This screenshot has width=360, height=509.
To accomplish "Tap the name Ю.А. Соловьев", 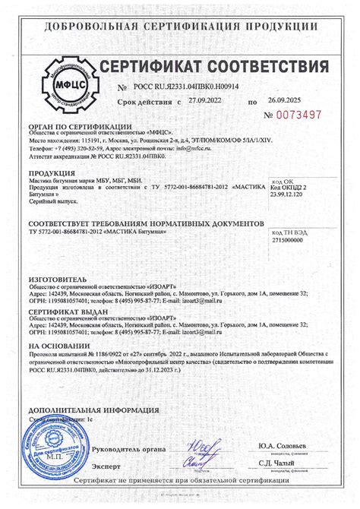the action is tap(299, 445).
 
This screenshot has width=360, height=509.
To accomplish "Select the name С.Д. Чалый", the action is tap(299, 463).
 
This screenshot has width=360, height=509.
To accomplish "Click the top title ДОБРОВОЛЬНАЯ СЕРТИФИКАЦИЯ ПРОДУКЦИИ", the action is tap(179, 27).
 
